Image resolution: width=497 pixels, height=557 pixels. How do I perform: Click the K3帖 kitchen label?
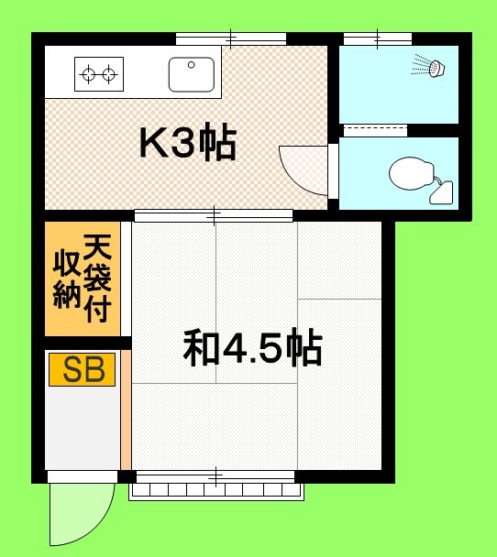187,143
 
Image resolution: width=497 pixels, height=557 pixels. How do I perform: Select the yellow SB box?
82,369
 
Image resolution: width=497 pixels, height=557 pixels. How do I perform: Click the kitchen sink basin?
191,73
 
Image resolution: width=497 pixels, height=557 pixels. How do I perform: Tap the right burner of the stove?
110,73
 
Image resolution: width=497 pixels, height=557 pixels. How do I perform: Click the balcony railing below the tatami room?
216,491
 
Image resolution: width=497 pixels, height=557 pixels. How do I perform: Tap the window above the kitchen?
231,39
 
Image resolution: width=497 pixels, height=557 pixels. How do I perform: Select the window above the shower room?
377,38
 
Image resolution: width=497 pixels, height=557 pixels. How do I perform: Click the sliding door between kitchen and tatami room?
213,216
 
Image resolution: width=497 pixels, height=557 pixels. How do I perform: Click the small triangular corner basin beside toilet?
444,192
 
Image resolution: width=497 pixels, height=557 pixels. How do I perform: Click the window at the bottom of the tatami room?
216,476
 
